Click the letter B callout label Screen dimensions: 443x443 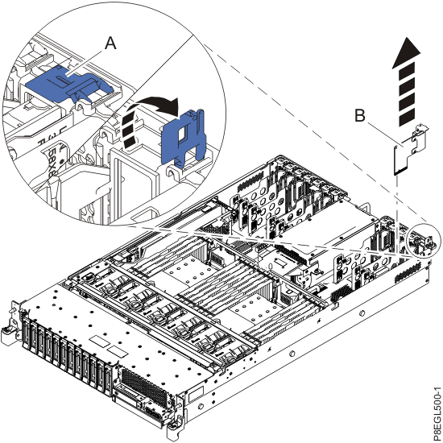tap(362, 116)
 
